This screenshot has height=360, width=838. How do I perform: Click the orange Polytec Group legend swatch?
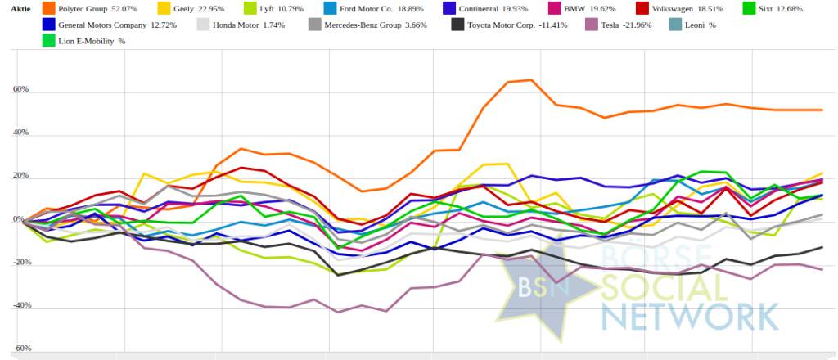[47, 8]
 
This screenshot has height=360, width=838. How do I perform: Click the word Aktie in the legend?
[20, 8]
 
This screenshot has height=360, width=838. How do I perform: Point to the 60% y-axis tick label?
[21, 89]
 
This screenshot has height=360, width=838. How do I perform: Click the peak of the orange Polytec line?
[531, 80]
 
